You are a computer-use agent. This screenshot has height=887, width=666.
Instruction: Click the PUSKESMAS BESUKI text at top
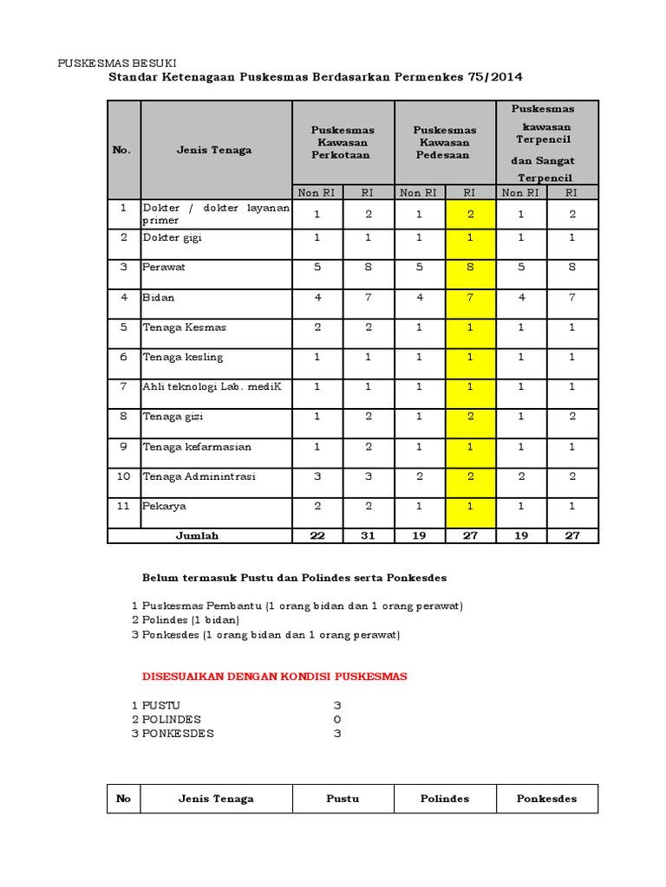[116, 63]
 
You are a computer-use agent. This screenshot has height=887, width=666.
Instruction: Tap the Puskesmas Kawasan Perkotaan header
[343, 142]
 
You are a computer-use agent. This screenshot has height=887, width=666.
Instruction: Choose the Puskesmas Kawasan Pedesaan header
[445, 142]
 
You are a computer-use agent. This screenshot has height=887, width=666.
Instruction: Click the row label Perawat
[164, 267]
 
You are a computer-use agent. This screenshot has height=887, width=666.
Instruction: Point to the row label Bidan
[159, 297]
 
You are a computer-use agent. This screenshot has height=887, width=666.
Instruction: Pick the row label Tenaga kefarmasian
[197, 447]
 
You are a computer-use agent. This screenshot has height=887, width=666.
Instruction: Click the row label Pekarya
[164, 506]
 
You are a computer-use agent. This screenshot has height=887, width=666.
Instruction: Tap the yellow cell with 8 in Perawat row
[469, 267]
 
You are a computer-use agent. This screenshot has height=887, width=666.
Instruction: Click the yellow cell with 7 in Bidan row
[469, 297]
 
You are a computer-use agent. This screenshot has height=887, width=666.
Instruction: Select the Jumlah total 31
[368, 535]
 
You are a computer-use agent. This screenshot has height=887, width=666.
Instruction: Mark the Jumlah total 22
[317, 535]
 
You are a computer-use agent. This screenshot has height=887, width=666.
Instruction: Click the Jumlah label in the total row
[198, 535]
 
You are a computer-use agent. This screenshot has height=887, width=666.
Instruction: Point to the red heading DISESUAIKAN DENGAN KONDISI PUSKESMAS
[274, 677]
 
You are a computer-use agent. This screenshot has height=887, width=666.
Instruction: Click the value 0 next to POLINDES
[337, 720]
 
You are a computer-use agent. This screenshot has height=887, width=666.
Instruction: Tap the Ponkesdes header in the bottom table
[546, 799]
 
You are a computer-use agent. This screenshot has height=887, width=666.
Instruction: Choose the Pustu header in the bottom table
[343, 799]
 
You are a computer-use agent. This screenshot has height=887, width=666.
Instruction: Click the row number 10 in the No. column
[123, 476]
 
